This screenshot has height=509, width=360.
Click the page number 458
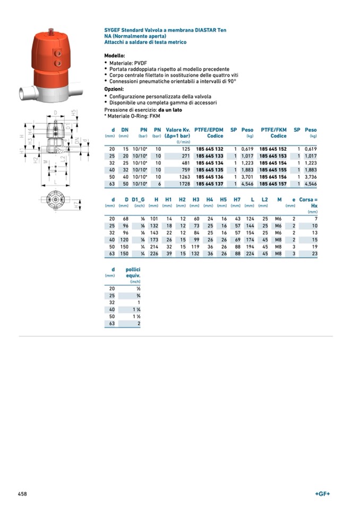point(22,494)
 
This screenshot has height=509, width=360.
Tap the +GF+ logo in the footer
point(322,494)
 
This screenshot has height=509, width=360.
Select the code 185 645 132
point(209,149)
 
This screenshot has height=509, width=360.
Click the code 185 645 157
point(273,183)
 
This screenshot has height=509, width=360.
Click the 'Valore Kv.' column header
point(178,130)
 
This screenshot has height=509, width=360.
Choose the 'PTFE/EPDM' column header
point(209,130)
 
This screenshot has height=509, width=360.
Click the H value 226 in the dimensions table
point(155,253)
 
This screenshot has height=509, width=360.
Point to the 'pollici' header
point(133,270)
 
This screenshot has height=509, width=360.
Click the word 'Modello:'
point(115,56)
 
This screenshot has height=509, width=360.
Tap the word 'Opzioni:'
point(114,89)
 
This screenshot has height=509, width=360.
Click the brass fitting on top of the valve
point(51,31)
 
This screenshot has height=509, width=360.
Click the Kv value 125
point(185,149)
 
